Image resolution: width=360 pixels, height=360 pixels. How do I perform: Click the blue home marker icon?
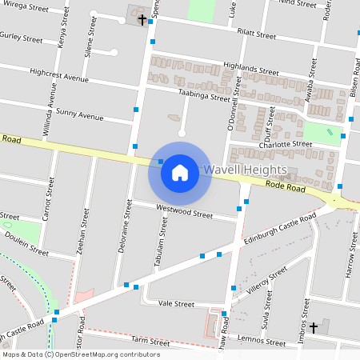click(x=180, y=172)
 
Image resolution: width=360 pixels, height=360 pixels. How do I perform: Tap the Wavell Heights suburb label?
click(x=245, y=170)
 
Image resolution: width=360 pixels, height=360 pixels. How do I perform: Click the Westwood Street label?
click(x=184, y=212)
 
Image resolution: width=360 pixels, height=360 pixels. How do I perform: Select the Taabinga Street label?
click(x=204, y=95)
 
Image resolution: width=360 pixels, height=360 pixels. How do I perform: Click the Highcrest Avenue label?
click(x=58, y=76)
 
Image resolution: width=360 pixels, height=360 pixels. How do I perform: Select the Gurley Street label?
click(x=21, y=38)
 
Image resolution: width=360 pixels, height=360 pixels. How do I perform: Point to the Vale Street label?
click(x=176, y=304)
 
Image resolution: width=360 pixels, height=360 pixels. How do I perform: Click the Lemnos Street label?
click(x=262, y=342)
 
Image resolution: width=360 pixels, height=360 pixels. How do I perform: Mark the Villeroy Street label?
click(x=267, y=282)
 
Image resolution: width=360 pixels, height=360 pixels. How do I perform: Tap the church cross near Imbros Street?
click(x=314, y=327)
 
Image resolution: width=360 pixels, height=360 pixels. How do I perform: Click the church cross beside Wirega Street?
click(x=142, y=18)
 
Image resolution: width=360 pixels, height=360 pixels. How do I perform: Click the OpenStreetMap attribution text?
click(x=80, y=354)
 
